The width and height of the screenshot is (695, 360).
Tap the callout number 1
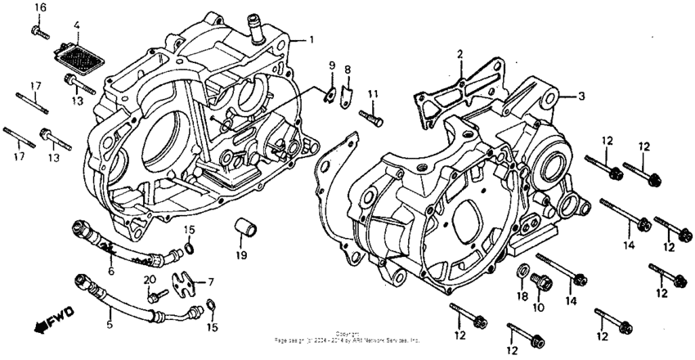pyautogui.click(x=311, y=39)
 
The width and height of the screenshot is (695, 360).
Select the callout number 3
pyautogui.click(x=581, y=96)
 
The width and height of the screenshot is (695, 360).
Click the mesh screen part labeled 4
pyautogui.click(x=76, y=56)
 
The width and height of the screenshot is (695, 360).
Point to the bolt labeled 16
pyautogui.click(x=39, y=30)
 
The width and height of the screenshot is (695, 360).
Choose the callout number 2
pyautogui.click(x=460, y=54)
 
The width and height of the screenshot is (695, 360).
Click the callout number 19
pyautogui.click(x=241, y=255)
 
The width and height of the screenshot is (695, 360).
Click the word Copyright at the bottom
pyautogui.click(x=347, y=333)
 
